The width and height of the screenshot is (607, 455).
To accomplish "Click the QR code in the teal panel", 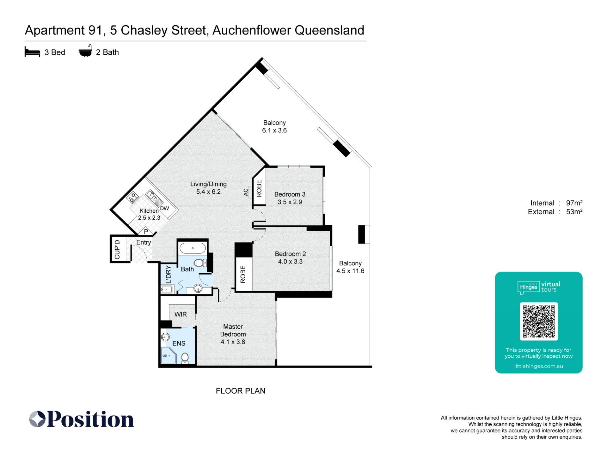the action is [x=539, y=321].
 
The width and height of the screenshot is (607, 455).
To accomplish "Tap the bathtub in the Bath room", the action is [x=193, y=248].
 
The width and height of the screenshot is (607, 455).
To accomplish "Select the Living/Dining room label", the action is [x=208, y=184].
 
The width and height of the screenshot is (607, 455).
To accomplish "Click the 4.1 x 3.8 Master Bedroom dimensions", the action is [x=233, y=342].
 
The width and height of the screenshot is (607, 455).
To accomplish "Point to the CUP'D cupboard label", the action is [x=117, y=249].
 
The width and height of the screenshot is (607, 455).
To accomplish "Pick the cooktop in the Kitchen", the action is [x=132, y=197].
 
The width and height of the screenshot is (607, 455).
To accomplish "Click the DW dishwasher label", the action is [x=164, y=209].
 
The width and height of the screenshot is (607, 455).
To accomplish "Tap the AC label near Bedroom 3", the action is [x=246, y=192].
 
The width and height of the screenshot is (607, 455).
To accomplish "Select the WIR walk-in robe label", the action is [x=181, y=314].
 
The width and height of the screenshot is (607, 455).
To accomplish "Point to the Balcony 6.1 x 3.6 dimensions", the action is [x=274, y=130].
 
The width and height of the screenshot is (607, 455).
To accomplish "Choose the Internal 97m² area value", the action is [x=574, y=203].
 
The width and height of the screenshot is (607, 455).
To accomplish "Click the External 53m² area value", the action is [x=574, y=212].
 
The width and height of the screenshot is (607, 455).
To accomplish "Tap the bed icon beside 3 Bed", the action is [x=32, y=52].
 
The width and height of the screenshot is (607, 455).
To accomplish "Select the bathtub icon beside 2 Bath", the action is [x=85, y=51].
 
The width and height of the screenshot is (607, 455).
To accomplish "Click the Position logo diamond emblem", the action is [x=37, y=419].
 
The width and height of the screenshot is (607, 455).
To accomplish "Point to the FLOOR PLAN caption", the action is [x=241, y=391].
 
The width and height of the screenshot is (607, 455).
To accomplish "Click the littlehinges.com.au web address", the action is [x=539, y=366].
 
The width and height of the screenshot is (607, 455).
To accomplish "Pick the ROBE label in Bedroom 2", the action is [x=243, y=274].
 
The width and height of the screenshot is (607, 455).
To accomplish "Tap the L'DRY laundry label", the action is [x=169, y=274].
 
